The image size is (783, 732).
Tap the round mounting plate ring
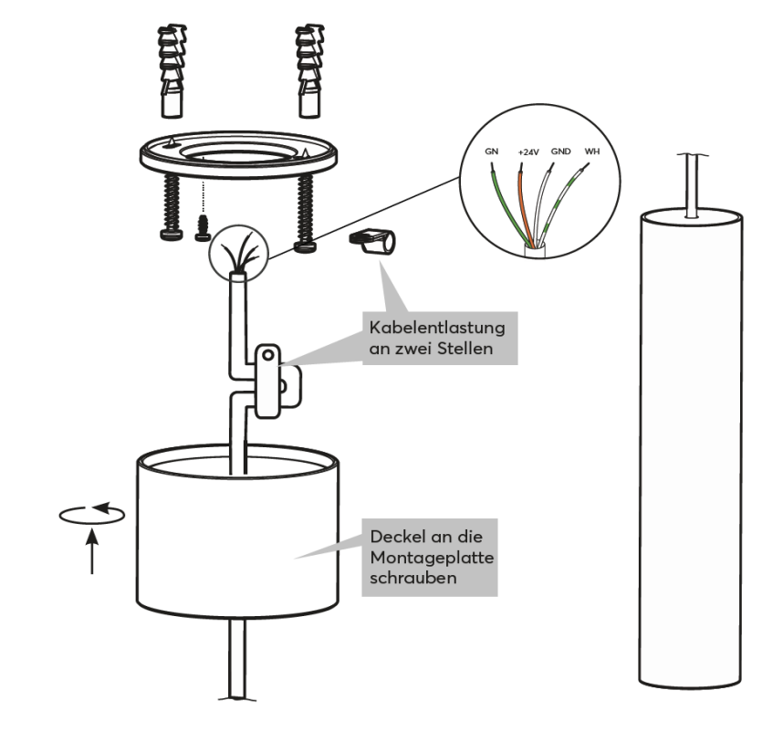[239, 161]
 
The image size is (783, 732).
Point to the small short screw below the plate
[204, 227]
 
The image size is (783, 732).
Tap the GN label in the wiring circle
[491, 151]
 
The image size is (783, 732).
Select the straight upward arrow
[93, 553]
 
